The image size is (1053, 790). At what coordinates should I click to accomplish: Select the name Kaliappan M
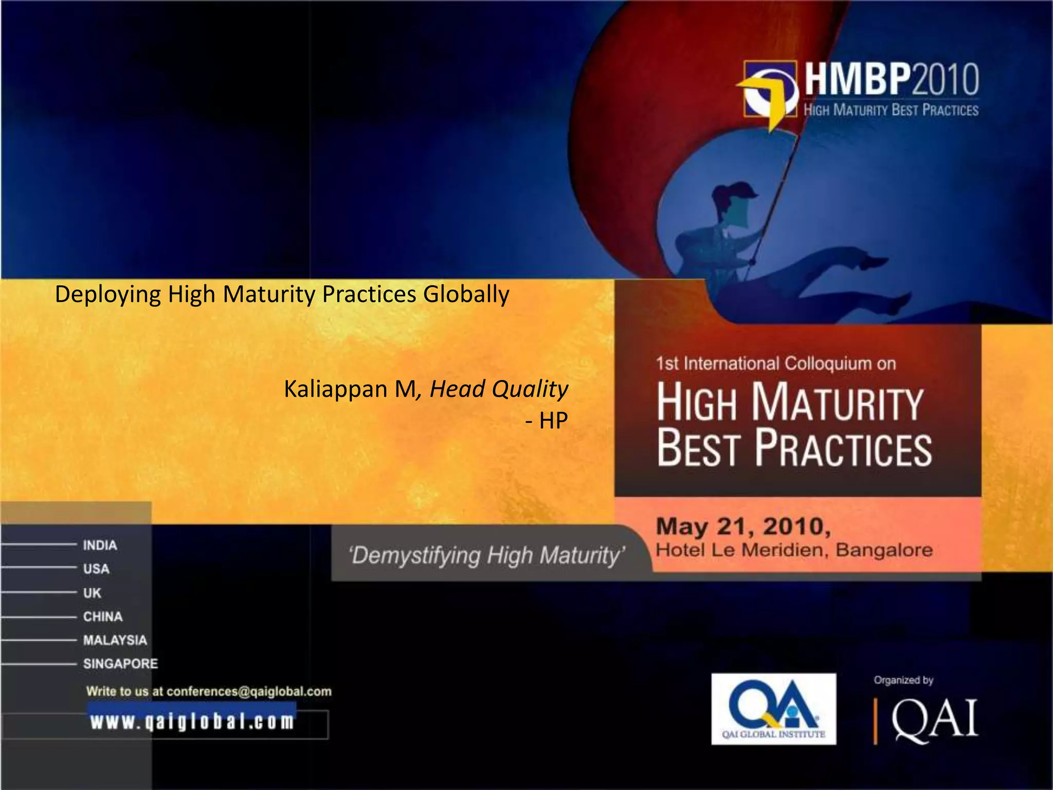tap(350, 389)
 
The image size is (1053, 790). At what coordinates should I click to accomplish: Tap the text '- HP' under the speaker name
tap(547, 421)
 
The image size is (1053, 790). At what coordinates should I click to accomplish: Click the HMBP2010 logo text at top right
tap(892, 79)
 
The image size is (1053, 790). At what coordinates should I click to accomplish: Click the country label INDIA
tap(100, 545)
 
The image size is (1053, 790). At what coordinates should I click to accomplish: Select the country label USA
tap(96, 569)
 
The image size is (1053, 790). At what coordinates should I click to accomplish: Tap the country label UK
tap(92, 593)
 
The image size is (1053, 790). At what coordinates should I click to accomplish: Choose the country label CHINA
tap(103, 617)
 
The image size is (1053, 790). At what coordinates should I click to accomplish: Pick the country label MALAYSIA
tap(115, 640)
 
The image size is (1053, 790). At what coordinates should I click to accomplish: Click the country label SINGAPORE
tap(121, 664)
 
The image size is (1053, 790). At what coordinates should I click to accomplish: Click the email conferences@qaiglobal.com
tap(249, 692)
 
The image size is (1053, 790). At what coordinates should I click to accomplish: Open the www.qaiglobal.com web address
tap(192, 722)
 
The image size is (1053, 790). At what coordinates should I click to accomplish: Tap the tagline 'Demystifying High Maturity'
tap(487, 556)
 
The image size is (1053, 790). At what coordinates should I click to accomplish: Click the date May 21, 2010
tap(743, 526)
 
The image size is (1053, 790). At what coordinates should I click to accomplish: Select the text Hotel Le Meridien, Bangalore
tap(794, 550)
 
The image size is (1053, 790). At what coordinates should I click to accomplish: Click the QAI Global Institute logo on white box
tap(773, 709)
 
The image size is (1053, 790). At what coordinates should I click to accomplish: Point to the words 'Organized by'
tap(903, 680)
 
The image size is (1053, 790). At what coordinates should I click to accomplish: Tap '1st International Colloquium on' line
tap(776, 364)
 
